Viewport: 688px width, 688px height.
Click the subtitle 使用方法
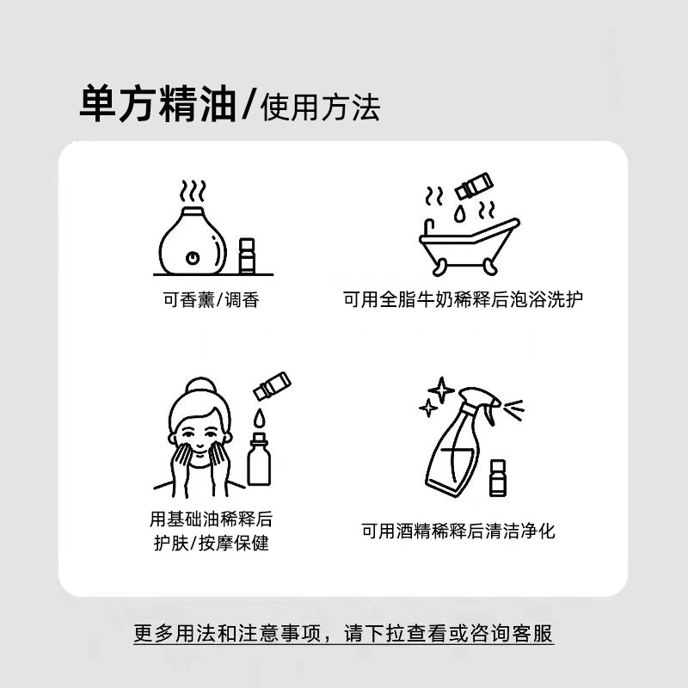coord(318,107)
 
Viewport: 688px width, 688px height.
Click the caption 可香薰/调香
coord(212,300)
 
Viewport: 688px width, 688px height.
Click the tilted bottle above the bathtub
coord(475,185)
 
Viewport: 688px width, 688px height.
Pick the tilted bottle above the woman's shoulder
coord(272,385)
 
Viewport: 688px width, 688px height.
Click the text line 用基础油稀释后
coord(212,519)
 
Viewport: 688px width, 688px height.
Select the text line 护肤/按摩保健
coord(212,544)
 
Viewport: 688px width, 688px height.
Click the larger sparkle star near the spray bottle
coord(441,390)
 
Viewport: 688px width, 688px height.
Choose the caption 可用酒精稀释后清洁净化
coord(458,531)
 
